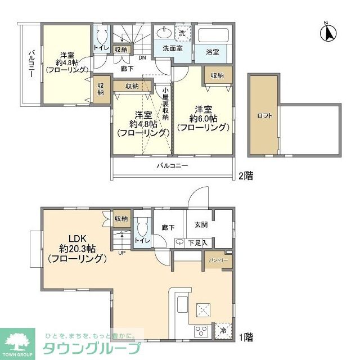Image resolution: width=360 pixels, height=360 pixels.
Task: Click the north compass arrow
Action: click(328, 32)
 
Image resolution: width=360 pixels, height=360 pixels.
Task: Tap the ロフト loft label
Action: click(265, 115)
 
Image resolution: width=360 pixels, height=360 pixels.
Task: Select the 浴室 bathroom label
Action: click(213, 52)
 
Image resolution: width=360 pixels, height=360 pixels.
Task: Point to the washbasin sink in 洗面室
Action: click(165, 32)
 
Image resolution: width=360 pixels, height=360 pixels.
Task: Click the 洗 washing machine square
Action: click(183, 33)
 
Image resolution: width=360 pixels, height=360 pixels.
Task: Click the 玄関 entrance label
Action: click(201, 224)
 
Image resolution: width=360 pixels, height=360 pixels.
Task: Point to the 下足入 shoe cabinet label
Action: click(197, 242)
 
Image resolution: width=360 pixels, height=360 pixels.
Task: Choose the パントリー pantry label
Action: click(218, 260)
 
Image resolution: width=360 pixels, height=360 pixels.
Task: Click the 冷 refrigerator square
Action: click(223, 331)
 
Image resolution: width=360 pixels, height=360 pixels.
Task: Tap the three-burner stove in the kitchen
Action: click(201, 331)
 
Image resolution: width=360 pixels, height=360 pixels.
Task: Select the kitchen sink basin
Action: click(183, 305)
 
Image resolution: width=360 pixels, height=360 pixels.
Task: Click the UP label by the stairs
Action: click(122, 253)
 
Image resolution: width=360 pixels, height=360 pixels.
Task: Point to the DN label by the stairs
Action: click(142, 57)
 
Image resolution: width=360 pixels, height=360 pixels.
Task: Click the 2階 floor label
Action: click(246, 176)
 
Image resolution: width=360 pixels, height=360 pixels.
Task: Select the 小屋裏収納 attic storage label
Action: click(165, 103)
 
